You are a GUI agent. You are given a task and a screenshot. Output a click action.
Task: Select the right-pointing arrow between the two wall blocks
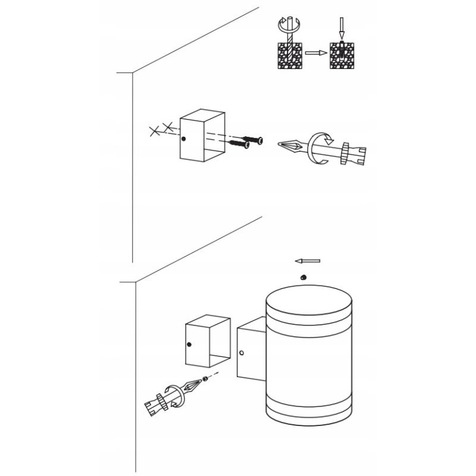point(317,53)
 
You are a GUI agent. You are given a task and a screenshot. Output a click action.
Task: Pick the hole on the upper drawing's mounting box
point(184,140)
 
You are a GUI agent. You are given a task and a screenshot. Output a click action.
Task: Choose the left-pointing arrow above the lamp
point(308,261)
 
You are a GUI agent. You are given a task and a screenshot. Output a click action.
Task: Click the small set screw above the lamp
point(303,276)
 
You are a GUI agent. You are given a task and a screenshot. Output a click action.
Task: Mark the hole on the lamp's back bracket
point(242,353)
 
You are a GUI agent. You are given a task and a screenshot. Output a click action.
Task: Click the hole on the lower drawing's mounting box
point(190,345)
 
